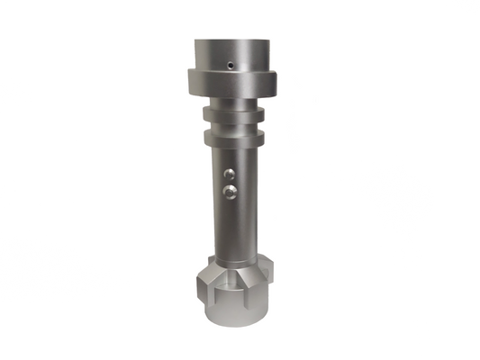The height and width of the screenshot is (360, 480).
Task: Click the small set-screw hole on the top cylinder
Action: tap(231, 64)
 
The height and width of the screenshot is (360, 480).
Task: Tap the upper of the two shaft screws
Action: tap(230, 175)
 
